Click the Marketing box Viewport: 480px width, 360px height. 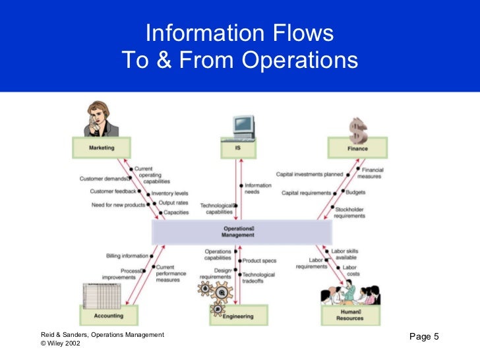pos(102,148)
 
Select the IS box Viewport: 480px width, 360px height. pos(237,148)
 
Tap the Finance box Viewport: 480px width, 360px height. pos(357,148)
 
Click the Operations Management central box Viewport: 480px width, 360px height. pos(241,232)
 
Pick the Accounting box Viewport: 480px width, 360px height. pos(108,316)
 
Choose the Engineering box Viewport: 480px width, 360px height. pos(238,316)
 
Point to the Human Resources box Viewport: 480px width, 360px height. pos(350,315)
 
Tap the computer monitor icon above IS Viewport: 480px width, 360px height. pos(243,125)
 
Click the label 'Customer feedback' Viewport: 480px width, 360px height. pos(113,192)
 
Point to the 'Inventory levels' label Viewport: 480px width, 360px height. pos(170,194)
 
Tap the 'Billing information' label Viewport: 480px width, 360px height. pos(127,256)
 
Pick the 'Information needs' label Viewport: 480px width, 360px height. pos(258,189)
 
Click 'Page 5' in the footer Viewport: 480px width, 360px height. pos(424,338)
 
